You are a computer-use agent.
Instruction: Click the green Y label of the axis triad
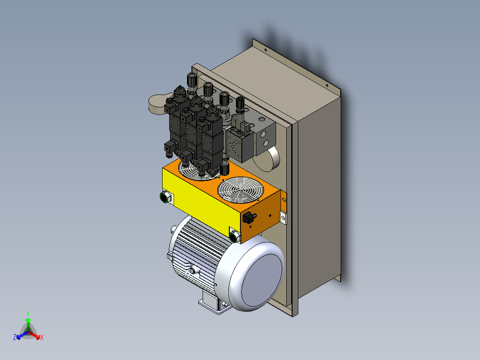(28, 313)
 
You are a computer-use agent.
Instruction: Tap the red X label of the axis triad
(42, 337)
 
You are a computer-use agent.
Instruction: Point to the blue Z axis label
(15, 337)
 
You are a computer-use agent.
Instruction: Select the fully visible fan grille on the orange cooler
(240, 190)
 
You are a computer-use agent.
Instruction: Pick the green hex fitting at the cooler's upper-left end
(165, 197)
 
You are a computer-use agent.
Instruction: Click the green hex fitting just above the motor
(234, 236)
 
